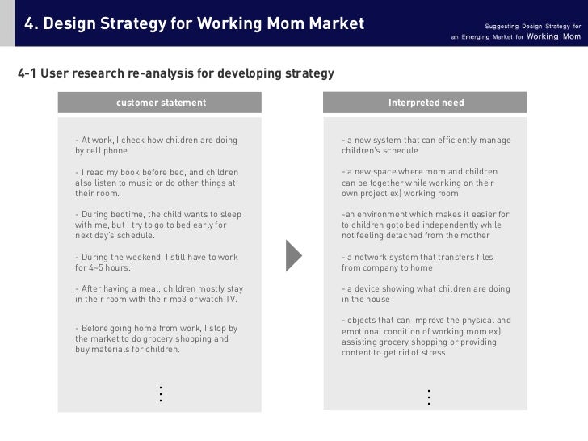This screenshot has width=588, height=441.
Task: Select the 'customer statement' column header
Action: [x=161, y=103]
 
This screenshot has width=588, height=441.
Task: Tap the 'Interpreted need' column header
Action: [x=426, y=103]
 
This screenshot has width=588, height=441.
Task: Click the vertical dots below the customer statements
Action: [x=161, y=394]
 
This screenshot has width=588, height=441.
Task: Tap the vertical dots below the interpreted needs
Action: [x=428, y=397]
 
